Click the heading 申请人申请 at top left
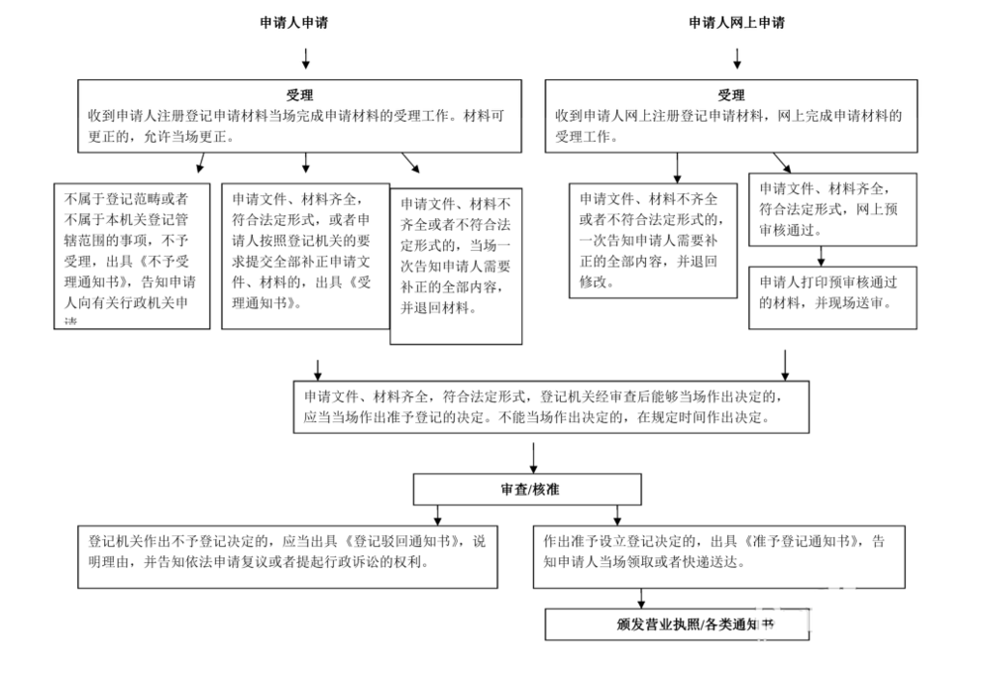293,23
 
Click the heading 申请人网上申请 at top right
736,23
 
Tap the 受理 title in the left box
300,96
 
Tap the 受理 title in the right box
730,96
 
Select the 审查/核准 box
534,489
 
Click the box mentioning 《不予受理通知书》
132,256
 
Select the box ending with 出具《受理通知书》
304,256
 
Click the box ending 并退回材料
456,266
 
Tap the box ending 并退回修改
652,240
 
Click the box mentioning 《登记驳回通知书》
288,557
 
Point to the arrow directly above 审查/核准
534,456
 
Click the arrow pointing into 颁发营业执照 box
641,599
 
